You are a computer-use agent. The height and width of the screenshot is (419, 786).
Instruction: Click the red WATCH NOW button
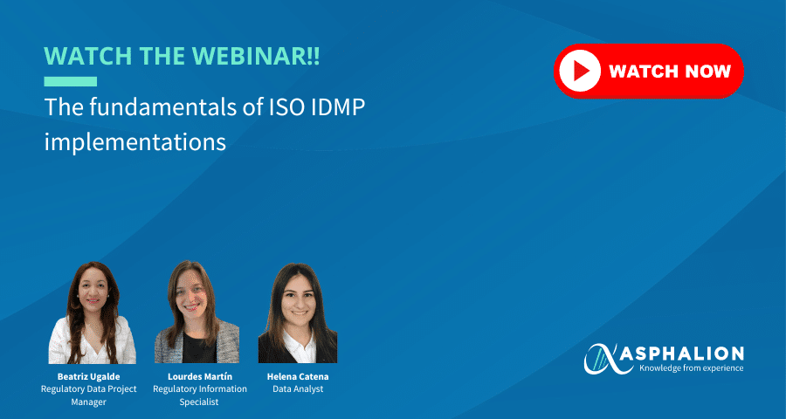click(648, 71)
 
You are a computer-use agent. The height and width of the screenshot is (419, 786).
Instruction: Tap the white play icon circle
click(578, 71)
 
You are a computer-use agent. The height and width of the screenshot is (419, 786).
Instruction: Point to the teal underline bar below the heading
click(70, 81)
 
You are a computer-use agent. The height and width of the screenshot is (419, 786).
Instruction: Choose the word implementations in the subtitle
click(135, 141)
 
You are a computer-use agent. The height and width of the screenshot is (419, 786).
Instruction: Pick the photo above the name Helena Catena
click(298, 314)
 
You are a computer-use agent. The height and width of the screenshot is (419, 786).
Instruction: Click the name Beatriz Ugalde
click(88, 376)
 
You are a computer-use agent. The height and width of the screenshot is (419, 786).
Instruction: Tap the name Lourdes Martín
click(196, 376)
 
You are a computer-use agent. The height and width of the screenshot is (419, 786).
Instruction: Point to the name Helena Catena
click(298, 376)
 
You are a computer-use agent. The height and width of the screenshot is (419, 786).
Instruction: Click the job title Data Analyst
click(298, 389)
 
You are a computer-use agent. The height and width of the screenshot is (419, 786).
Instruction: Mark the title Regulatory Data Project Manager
click(88, 395)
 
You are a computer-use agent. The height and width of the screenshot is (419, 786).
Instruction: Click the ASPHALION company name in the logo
click(691, 354)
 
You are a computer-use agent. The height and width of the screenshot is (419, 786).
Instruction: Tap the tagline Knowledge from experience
click(691, 368)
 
